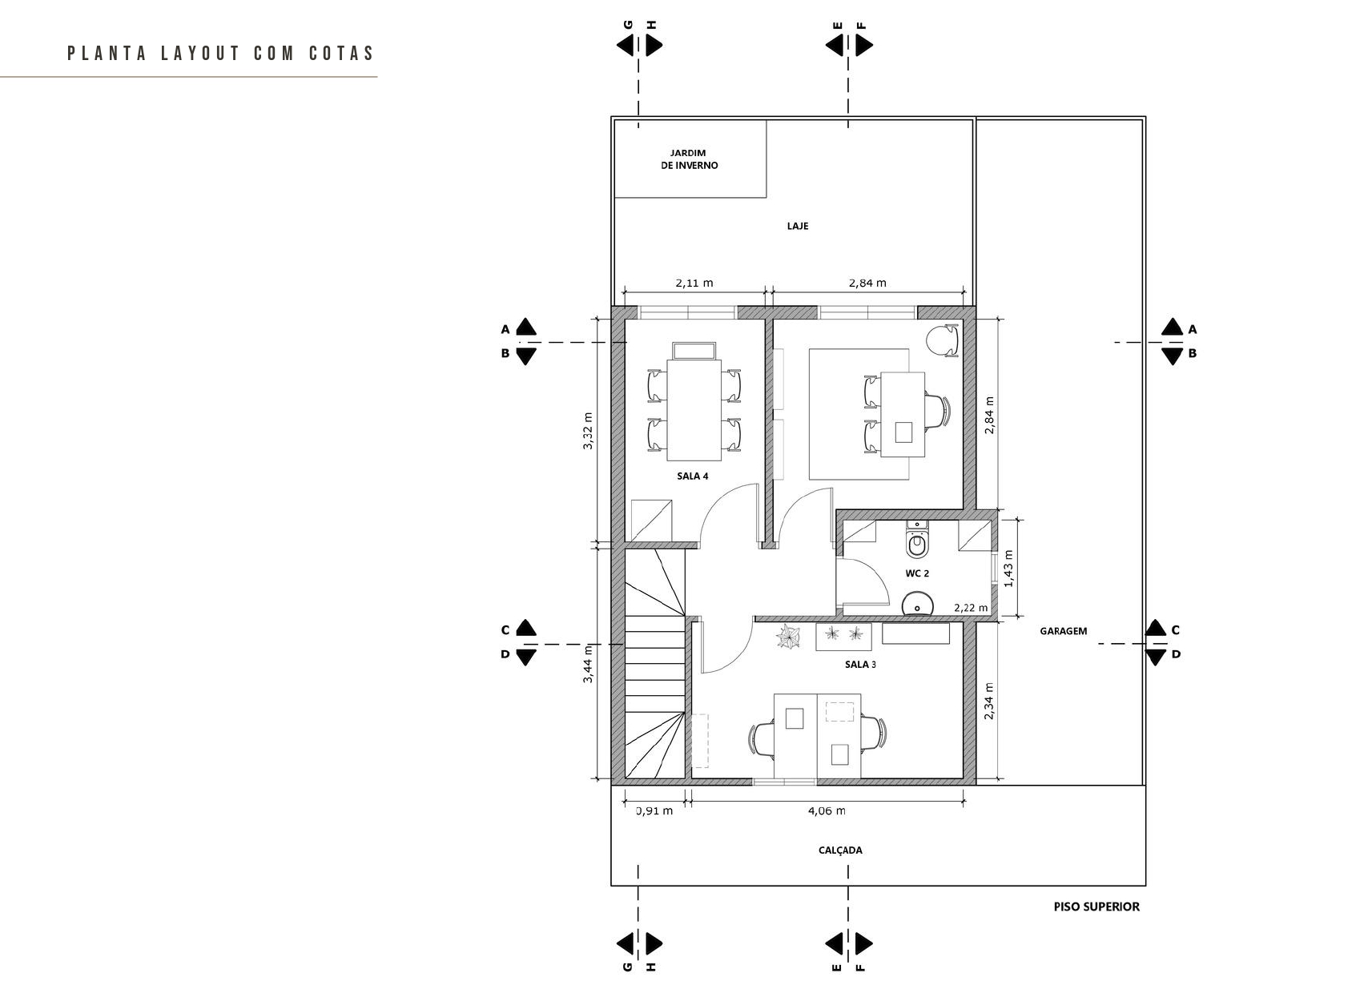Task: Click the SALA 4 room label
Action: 693,476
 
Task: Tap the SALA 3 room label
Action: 860,664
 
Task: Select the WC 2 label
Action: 917,573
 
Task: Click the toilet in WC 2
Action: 917,539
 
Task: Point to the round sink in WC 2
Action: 917,603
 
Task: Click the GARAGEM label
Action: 1064,631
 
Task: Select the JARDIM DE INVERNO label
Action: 689,159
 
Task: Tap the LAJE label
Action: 798,226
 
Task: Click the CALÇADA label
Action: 840,850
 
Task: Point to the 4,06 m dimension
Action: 827,811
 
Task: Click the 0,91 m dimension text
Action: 654,811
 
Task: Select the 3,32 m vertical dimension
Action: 587,431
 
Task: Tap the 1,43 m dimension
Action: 1009,568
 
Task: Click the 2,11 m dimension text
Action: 694,283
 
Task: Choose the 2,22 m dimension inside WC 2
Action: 971,608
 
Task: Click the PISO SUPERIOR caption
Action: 1096,907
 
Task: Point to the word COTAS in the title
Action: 341,54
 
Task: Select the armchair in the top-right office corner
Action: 943,340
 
